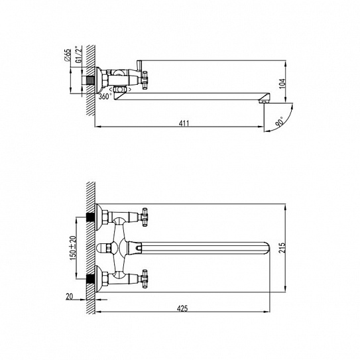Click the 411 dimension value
(x=184, y=123)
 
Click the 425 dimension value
(x=182, y=308)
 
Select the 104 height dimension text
(x=282, y=84)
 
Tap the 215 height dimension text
(x=282, y=247)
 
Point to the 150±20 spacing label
(x=73, y=248)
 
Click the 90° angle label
(x=280, y=122)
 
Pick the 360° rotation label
(x=105, y=96)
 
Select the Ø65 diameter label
(x=67, y=55)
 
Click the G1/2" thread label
(x=79, y=54)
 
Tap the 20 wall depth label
(x=69, y=296)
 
